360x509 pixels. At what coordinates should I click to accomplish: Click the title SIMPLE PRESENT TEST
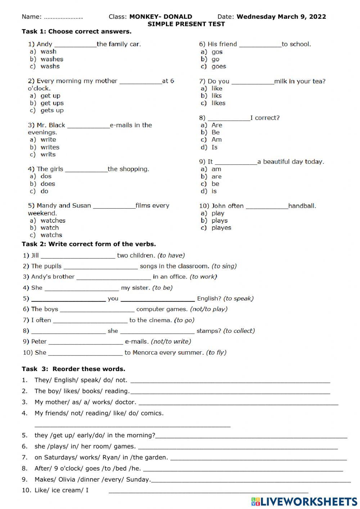point(186,24)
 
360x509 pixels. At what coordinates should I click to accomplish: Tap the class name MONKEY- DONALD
point(161,17)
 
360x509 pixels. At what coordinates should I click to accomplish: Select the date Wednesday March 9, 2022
point(281,17)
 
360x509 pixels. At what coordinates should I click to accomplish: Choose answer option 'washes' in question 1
point(52,59)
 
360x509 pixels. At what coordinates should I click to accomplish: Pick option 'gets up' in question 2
point(52,110)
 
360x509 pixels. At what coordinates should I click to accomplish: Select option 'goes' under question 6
point(219,66)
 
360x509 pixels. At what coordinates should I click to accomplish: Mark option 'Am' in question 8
point(216,140)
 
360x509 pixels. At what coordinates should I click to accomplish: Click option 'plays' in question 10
point(220,220)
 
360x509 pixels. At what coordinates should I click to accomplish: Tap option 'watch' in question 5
point(50,228)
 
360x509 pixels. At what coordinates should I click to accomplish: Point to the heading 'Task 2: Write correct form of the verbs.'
point(89,244)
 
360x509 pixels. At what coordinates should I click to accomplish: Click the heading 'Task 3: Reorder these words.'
point(73,369)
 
